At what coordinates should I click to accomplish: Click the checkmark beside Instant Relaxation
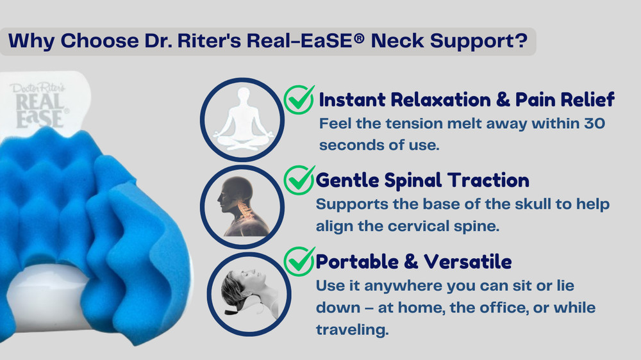click(x=299, y=100)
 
